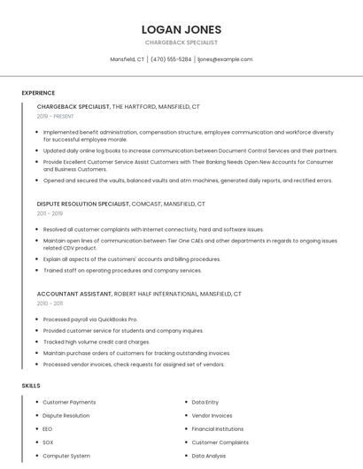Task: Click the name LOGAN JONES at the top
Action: (181, 29)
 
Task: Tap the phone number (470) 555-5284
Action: (171, 59)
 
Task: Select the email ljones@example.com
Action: (225, 59)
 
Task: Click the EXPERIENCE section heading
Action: (38, 93)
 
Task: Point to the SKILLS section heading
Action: (31, 386)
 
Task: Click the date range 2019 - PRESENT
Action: (56, 117)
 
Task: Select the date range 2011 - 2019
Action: (50, 213)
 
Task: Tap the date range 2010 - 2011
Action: (50, 304)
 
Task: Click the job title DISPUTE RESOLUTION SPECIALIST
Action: (83, 204)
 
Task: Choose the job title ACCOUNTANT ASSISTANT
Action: (73, 293)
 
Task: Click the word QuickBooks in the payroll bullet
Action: (111, 319)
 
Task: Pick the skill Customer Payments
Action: (69, 403)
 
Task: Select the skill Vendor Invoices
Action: (212, 416)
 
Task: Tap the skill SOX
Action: (48, 442)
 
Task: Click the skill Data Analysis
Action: (209, 456)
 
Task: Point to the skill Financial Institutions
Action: (217, 429)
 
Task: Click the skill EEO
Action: (48, 429)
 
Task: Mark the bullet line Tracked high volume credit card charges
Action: (97, 342)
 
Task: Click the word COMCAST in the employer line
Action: (146, 204)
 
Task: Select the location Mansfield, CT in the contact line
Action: (127, 59)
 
